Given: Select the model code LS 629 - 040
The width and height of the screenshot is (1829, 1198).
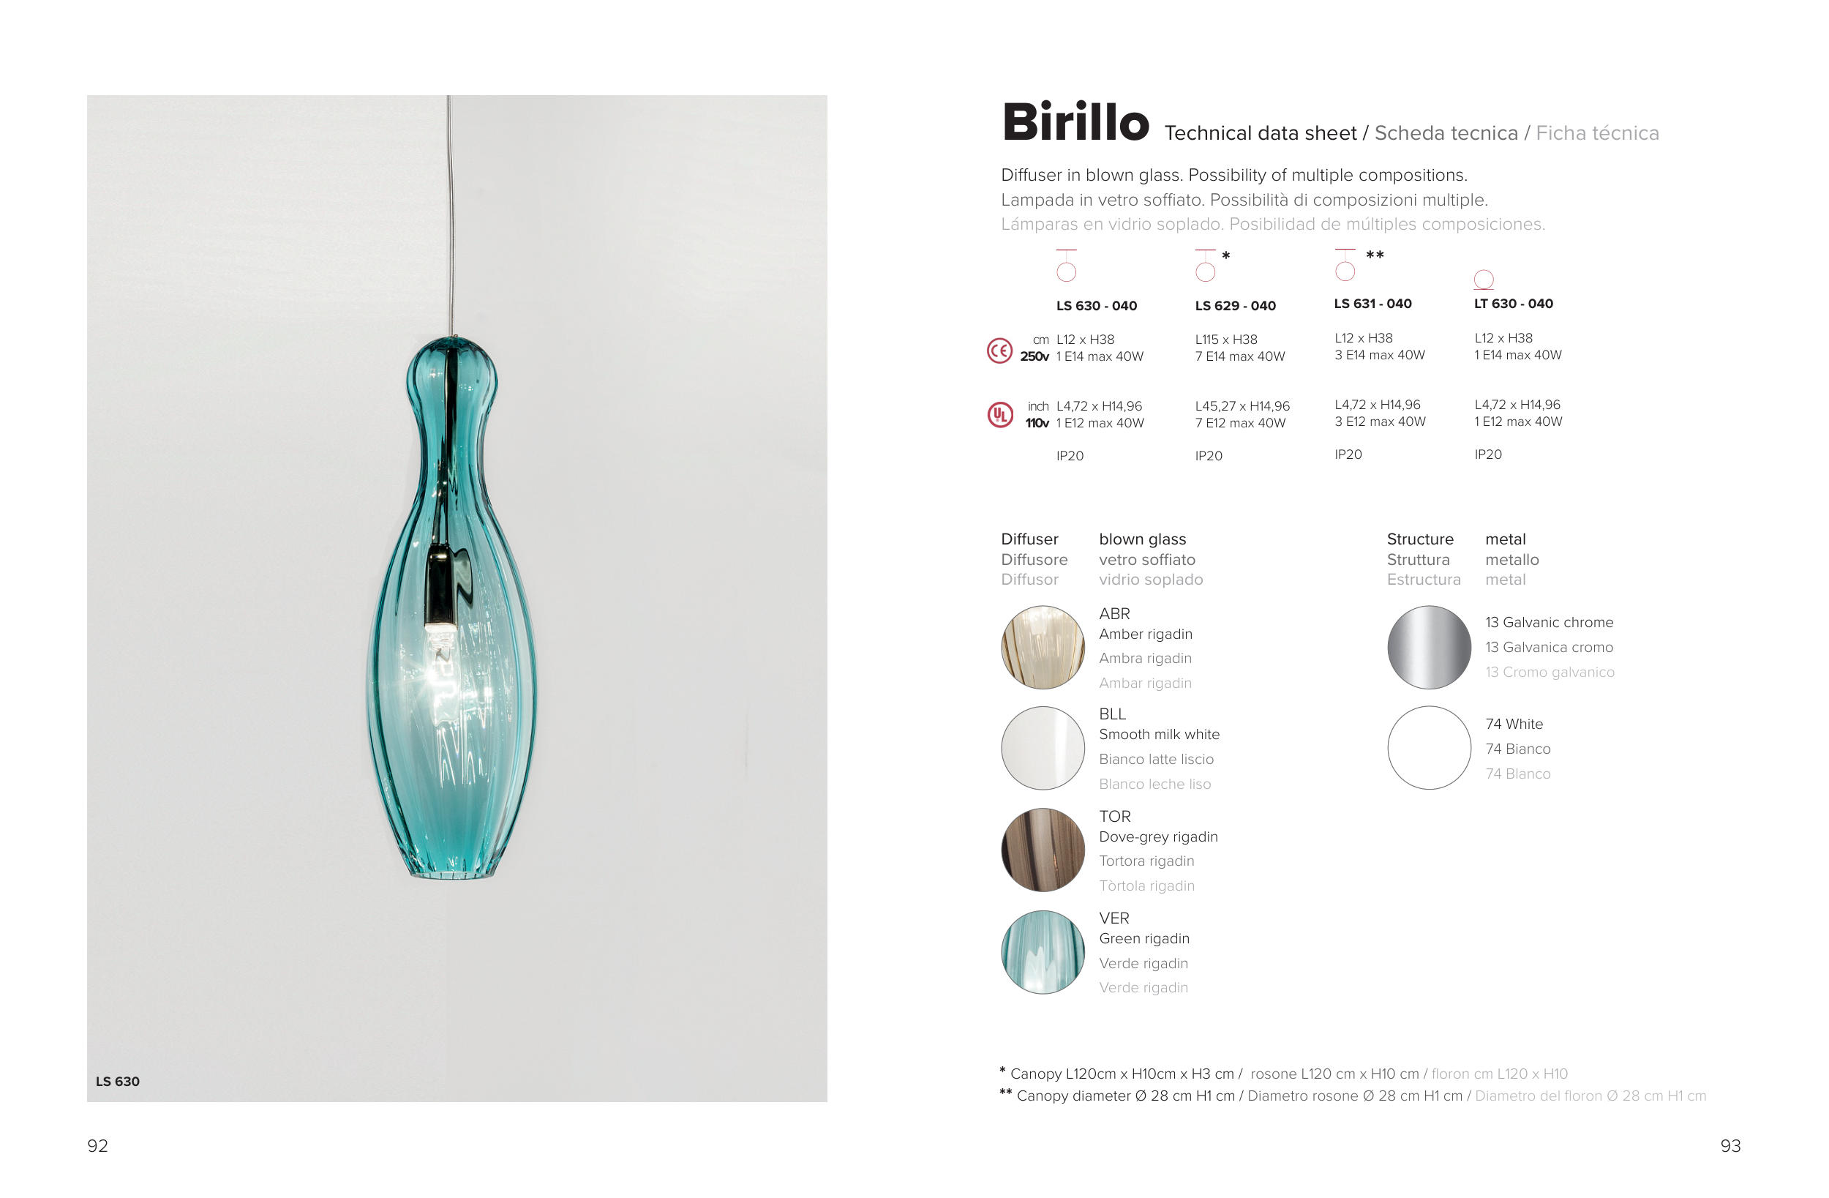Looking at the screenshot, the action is (1235, 306).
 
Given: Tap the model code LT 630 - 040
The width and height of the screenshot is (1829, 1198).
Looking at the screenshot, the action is (1513, 304).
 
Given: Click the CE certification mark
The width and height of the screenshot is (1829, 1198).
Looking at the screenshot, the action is (999, 351).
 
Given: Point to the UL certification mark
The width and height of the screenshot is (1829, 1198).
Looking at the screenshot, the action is (1000, 415).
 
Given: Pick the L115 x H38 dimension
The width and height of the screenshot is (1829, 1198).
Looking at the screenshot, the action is (1225, 339).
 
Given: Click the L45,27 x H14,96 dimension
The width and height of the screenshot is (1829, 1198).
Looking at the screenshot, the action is (1242, 406).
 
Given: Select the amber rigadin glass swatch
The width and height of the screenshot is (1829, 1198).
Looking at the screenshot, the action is (1043, 648).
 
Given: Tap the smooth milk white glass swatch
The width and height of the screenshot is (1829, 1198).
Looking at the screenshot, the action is (1043, 748).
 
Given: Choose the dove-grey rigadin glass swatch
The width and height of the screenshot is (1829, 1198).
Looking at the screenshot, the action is (1043, 850).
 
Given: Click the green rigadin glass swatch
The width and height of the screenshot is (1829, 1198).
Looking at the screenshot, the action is (1043, 952).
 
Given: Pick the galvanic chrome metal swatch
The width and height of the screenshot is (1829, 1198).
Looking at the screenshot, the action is (1429, 648).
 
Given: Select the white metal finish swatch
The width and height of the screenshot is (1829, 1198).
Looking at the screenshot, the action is (1429, 748).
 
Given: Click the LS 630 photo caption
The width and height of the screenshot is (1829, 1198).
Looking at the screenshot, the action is (118, 1081).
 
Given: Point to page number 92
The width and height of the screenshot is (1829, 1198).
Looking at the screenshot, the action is (97, 1146).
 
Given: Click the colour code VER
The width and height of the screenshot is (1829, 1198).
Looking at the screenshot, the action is (1113, 918).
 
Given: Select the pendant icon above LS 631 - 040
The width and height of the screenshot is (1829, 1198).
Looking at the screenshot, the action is (1345, 265).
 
